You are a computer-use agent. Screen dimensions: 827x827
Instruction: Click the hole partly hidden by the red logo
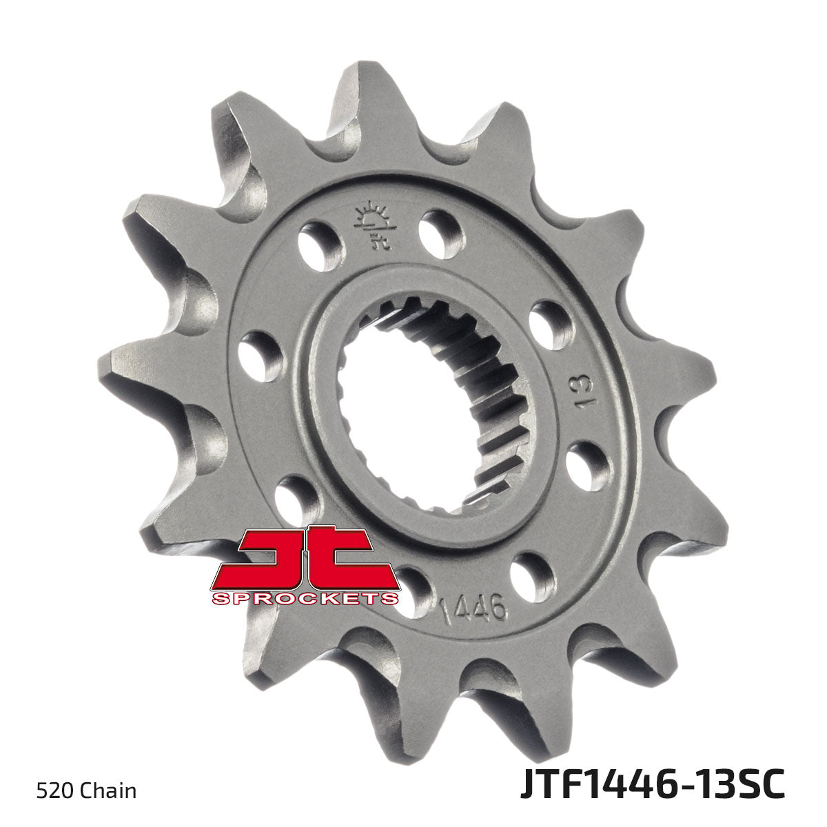point(411,588)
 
